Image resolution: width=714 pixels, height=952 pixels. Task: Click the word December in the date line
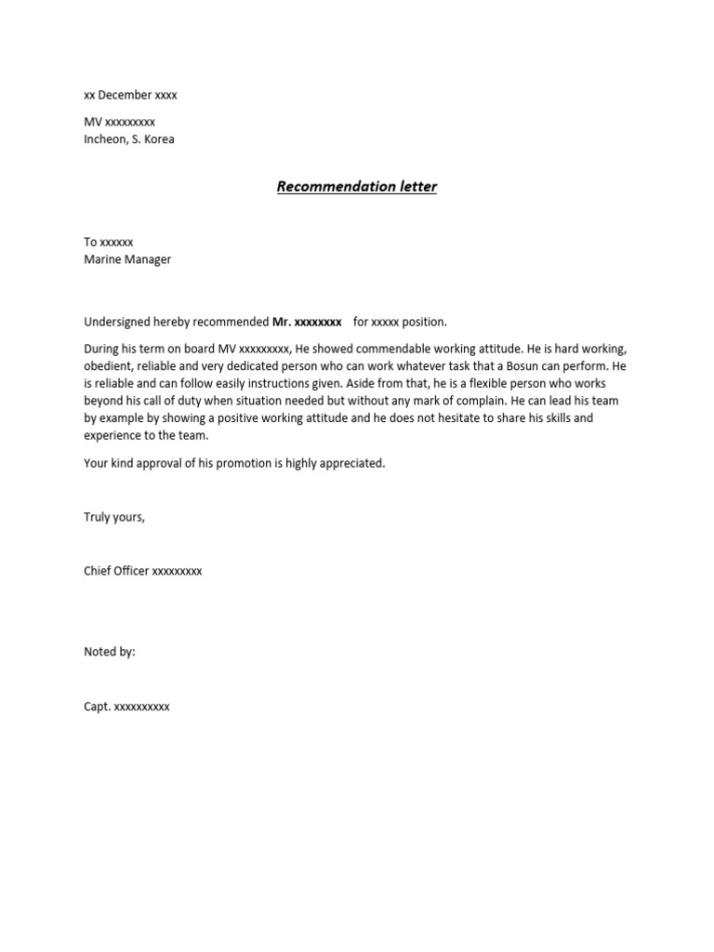(x=125, y=95)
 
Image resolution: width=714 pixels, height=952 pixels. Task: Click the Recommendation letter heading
(x=356, y=186)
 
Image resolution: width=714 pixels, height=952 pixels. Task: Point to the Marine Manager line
(x=127, y=259)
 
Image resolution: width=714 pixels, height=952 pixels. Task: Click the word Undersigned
(x=118, y=322)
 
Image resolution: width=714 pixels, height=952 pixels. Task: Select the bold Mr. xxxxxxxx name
(x=307, y=322)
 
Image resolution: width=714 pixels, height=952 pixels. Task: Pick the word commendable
(x=396, y=349)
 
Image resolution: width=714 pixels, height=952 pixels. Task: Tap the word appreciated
(x=350, y=463)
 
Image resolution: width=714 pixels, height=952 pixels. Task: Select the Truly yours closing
(x=114, y=517)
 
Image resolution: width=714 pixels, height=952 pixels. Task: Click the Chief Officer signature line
(x=142, y=571)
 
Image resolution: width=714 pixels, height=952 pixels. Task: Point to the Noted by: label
(x=110, y=652)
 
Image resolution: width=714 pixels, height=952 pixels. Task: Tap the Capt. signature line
(x=126, y=707)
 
